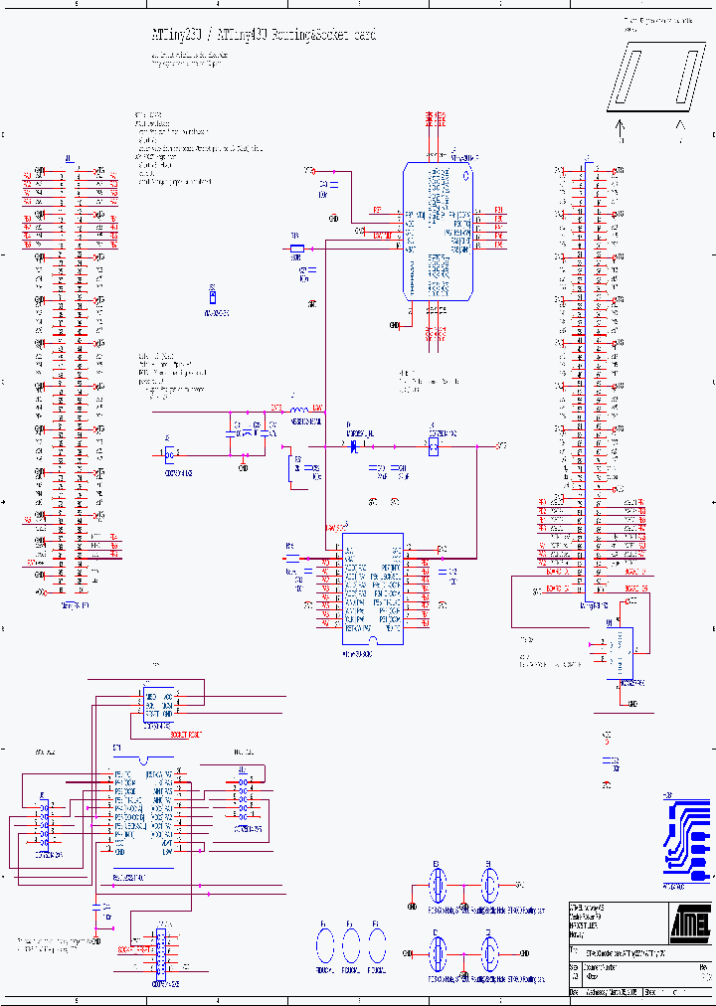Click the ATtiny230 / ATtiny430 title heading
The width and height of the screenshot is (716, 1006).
[264, 36]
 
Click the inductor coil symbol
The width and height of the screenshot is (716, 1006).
[298, 410]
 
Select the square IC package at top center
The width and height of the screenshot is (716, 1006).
[439, 231]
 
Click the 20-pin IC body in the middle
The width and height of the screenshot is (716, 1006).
[372, 588]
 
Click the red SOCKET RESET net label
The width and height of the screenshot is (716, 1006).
[180, 734]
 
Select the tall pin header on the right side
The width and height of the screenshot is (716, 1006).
[590, 378]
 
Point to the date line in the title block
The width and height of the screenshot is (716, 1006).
[607, 992]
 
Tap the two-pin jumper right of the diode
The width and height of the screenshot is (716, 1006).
[434, 447]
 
